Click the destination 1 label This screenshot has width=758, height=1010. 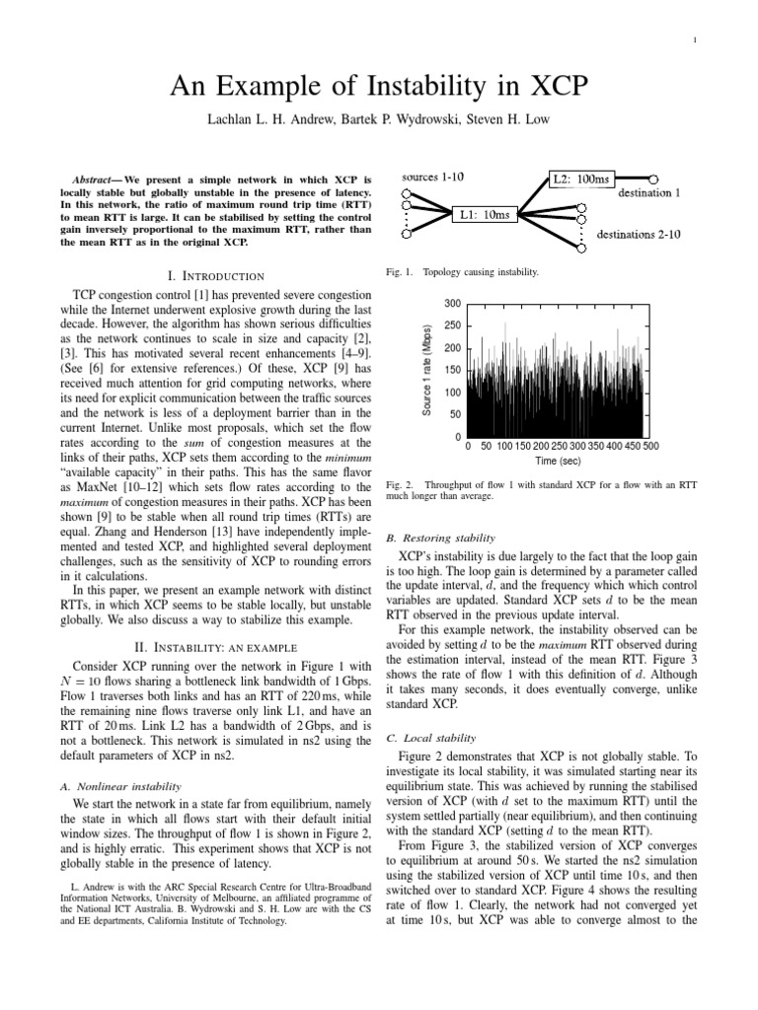[648, 193]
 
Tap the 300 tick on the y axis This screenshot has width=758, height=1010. [452, 304]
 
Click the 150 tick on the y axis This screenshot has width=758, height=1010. [452, 370]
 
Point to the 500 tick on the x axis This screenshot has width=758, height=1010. [650, 446]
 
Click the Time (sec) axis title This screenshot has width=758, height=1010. [559, 460]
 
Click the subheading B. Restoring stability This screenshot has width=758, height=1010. [438, 538]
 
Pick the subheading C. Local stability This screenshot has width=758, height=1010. [429, 737]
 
